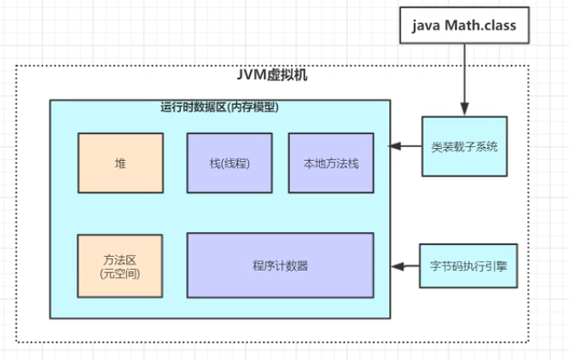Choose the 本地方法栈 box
tap(330, 163)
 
